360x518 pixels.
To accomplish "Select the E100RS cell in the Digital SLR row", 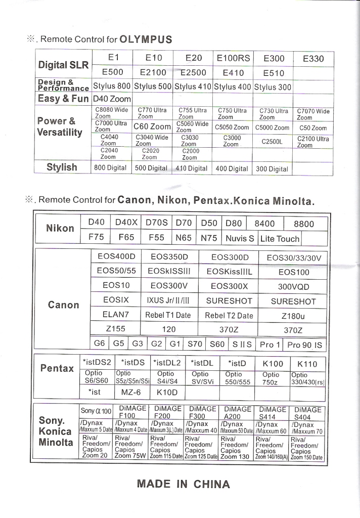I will (x=233, y=59).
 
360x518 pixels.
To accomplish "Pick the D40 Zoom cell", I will (x=112, y=99).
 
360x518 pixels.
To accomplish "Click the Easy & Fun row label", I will (x=63, y=99).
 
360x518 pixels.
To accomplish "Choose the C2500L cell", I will (x=272, y=142).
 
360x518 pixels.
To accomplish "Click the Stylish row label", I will (x=62, y=167).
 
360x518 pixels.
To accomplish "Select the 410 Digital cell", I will (x=192, y=168).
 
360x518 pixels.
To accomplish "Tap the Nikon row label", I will (x=60, y=228).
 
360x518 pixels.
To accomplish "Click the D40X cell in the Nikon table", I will (x=126, y=223).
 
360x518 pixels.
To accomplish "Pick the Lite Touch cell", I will (x=279, y=238).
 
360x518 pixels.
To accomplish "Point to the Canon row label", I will (x=63, y=305).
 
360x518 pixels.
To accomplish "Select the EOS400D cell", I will (x=116, y=257).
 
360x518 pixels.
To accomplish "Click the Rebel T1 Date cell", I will (x=168, y=315).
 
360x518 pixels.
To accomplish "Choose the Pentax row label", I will (x=57, y=368).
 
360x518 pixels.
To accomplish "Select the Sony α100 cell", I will (x=96, y=411).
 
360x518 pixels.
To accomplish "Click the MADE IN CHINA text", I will (x=183, y=484).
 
